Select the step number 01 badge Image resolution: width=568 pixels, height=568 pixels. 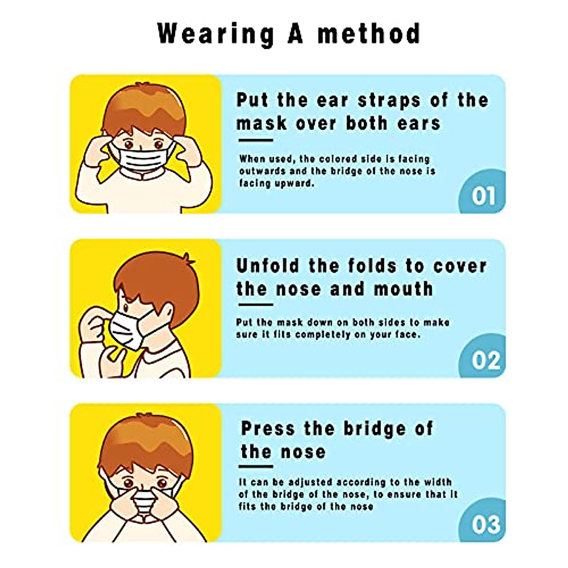tap(483, 195)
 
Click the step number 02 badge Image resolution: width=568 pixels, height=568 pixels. tap(485, 360)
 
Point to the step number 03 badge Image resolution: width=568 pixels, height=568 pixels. tap(485, 524)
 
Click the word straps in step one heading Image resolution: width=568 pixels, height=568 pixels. tap(389, 100)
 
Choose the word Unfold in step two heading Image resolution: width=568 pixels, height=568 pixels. tap(268, 266)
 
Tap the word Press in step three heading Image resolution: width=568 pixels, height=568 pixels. tap(268, 428)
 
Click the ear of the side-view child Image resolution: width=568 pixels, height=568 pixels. tap(167, 311)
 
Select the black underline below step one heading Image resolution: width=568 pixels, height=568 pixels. tap(256, 140)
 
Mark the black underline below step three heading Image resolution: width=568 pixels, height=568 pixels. tap(256, 466)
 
